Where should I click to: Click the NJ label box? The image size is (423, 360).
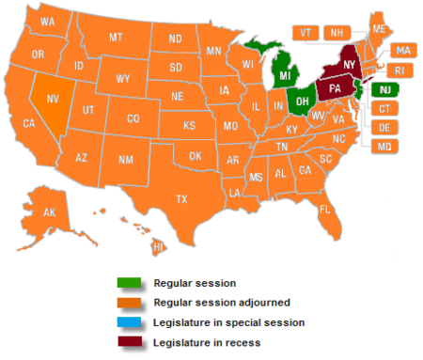(385, 90)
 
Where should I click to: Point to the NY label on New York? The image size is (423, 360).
(349, 63)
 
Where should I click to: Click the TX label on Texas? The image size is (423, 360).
(181, 198)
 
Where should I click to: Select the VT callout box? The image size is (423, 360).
(305, 32)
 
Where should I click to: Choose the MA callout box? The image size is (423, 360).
(401, 50)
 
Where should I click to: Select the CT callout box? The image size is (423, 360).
(385, 109)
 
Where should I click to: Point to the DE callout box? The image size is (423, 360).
(385, 128)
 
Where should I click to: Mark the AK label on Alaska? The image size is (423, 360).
(49, 212)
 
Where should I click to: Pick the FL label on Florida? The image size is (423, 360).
(323, 209)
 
